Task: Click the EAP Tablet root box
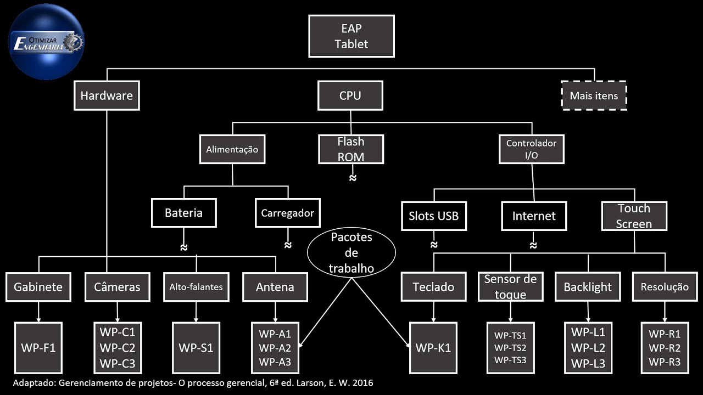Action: pos(351,36)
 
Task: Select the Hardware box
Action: pos(107,95)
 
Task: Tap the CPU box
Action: pos(350,95)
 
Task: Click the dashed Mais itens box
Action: pos(594,95)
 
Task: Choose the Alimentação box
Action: pos(232,149)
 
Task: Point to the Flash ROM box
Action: pos(350,149)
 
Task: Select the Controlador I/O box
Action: pos(531,149)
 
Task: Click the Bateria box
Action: pos(183,213)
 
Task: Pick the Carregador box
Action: pos(287,213)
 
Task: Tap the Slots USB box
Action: pos(433,216)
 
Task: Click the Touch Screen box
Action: pos(634,216)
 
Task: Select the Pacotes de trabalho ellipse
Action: pos(351,253)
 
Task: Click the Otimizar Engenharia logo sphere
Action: pos(46,42)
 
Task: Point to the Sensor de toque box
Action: pos(510,286)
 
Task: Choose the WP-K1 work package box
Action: pos(433,348)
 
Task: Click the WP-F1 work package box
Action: pos(38,348)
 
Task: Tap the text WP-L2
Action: pos(588,348)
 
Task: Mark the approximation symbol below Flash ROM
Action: pos(353,178)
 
